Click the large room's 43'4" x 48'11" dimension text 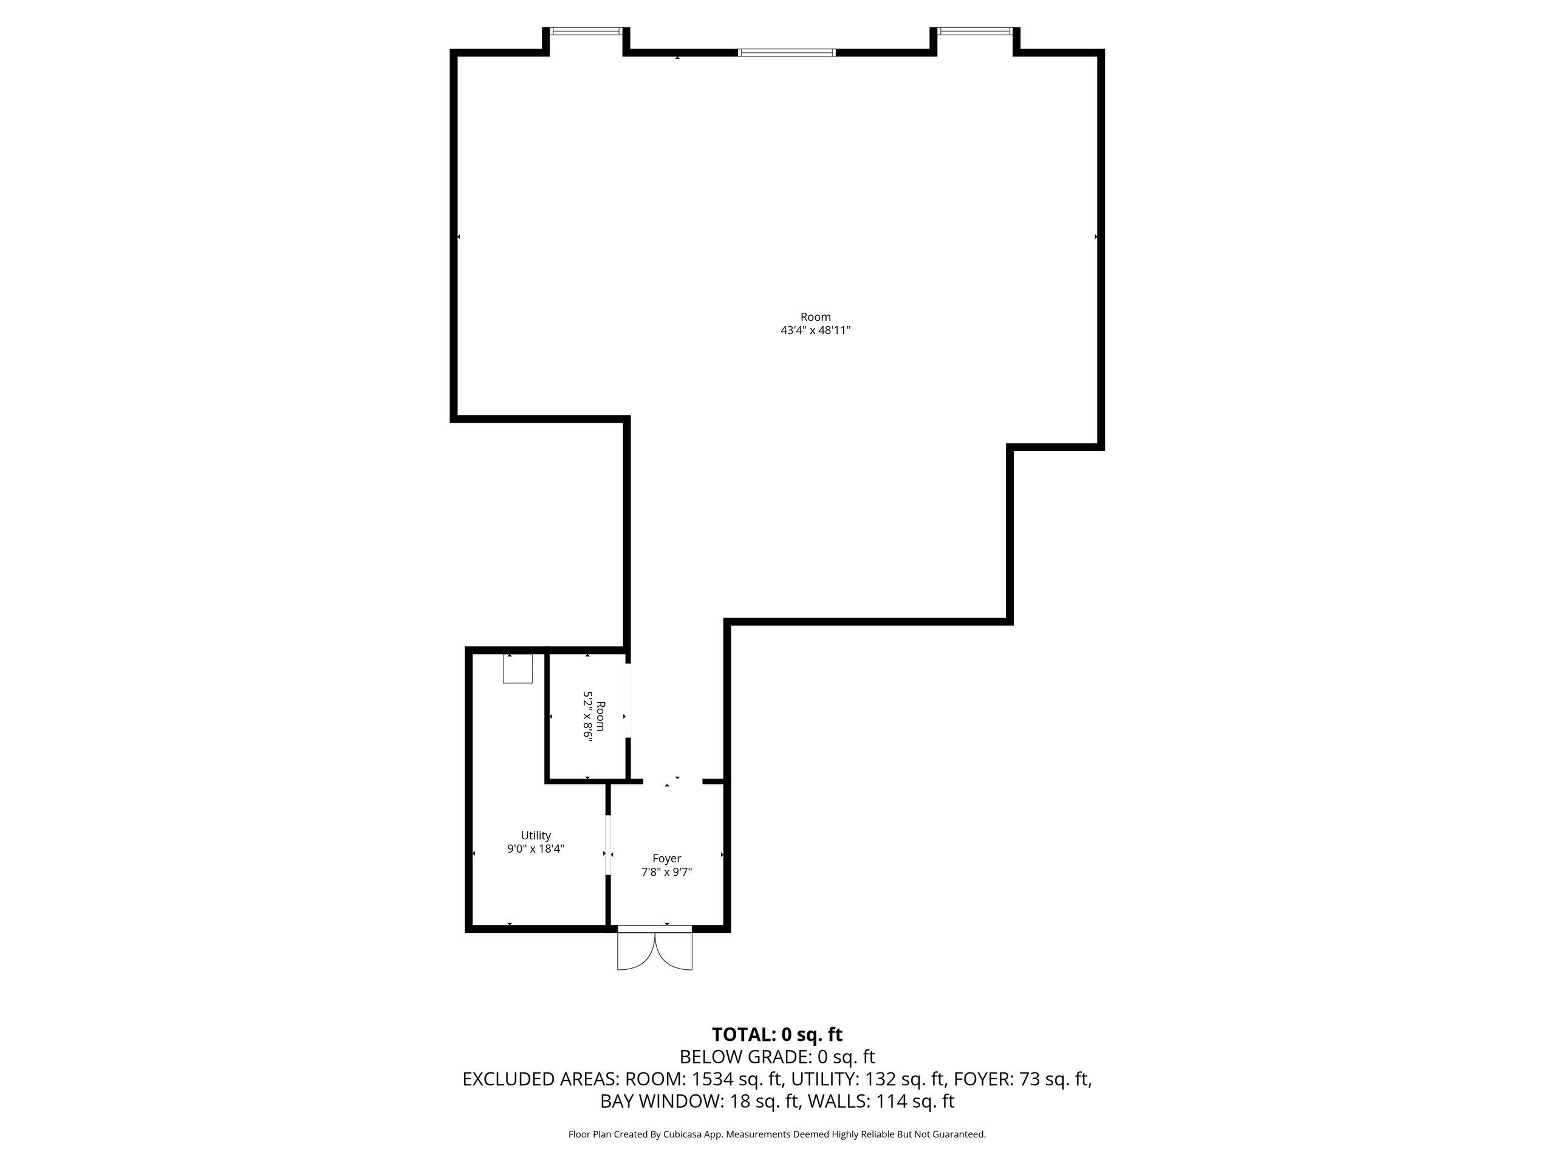(x=815, y=330)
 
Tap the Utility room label (x=536, y=835)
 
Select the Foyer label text (x=666, y=858)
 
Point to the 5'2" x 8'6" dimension (x=589, y=716)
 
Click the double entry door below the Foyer (x=654, y=949)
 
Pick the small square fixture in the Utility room (x=518, y=669)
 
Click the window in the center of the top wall (x=787, y=52)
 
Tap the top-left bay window (x=586, y=31)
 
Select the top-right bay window (x=975, y=31)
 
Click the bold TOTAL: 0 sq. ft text (x=777, y=1035)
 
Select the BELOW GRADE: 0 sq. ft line (x=777, y=1057)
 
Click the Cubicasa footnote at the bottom (x=777, y=1134)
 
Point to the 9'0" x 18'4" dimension (x=536, y=848)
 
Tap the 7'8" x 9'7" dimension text (x=666, y=872)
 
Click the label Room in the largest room (x=815, y=317)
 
